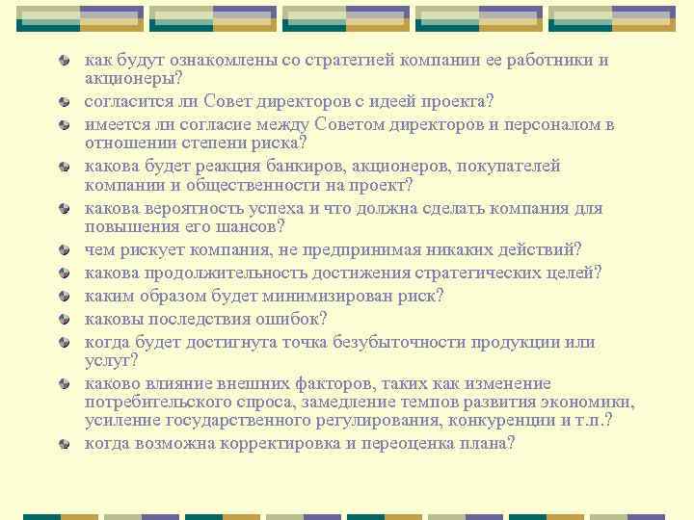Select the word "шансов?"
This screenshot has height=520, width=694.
tap(253, 227)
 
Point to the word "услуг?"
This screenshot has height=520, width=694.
tap(110, 360)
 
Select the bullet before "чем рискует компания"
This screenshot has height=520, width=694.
tap(64, 250)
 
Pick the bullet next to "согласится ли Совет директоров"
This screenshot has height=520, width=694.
tap(64, 102)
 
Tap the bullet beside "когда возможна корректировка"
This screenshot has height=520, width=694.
tap(64, 444)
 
